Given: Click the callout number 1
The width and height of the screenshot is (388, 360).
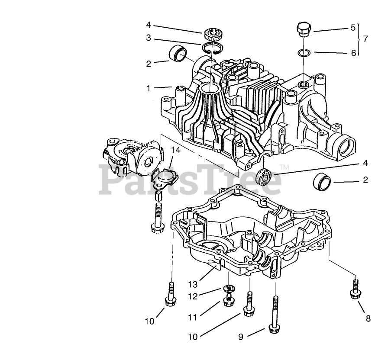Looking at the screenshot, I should [149, 88].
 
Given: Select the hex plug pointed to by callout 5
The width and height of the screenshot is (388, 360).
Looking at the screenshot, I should [303, 29].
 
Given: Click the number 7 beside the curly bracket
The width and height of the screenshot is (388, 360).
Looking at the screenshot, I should [366, 39].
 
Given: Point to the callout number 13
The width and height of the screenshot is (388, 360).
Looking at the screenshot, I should [193, 284].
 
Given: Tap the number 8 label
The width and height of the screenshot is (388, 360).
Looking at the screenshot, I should [368, 319].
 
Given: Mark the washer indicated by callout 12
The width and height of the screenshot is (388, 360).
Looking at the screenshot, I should [229, 288].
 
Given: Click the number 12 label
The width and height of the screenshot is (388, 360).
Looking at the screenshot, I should [193, 296].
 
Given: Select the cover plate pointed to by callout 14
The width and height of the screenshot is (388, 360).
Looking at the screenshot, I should [165, 178].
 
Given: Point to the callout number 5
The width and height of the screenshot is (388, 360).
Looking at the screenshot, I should [352, 28].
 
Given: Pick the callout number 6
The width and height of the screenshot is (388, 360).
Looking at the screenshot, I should [353, 53].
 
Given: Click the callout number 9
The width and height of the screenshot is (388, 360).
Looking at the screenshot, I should [241, 336].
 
